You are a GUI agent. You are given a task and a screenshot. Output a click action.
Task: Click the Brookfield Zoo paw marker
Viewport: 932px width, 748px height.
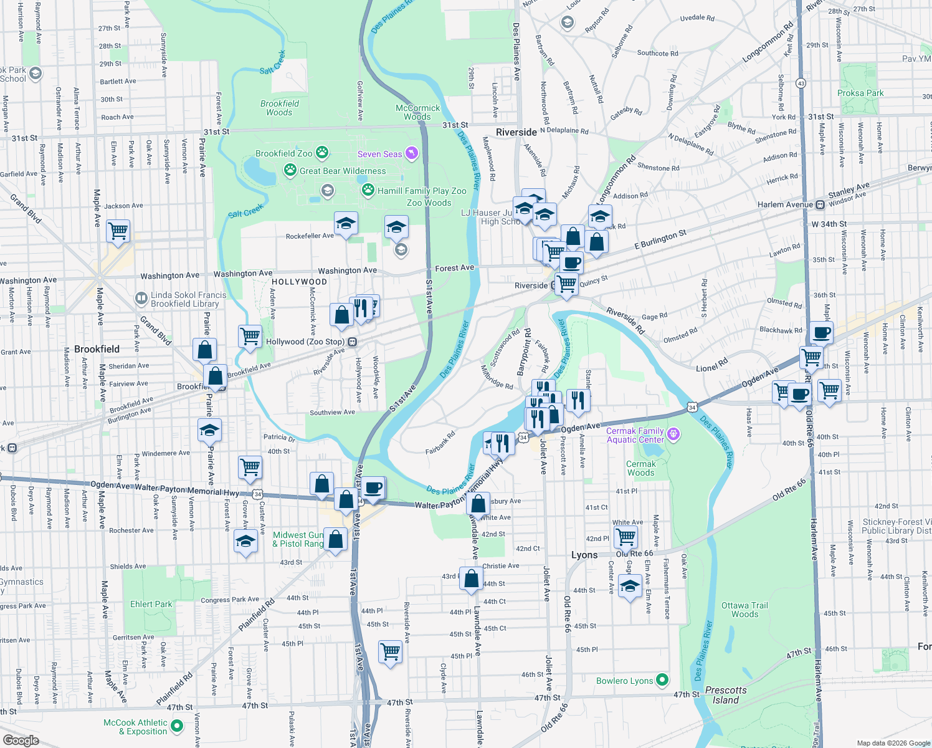[321, 153]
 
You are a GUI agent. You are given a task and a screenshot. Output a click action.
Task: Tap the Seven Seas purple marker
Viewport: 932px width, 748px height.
[411, 153]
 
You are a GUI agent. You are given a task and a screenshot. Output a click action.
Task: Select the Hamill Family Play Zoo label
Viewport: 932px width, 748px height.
[422, 191]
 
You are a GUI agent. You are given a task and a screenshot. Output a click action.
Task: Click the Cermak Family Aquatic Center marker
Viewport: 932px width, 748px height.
[673, 434]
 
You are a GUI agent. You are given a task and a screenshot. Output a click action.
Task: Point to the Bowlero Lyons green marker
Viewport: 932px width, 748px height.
[662, 680]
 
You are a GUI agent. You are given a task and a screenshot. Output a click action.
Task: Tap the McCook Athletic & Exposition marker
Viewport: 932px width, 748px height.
[176, 726]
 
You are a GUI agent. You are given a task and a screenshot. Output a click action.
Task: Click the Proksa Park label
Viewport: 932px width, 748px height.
[860, 93]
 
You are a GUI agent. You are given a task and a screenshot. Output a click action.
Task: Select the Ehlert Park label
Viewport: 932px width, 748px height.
[151, 604]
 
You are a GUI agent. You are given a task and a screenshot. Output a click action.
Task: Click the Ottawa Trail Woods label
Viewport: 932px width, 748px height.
[744, 610]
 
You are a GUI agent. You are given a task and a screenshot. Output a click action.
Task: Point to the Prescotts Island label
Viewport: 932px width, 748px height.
[726, 695]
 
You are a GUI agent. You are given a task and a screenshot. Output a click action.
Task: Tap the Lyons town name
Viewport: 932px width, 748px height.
[584, 555]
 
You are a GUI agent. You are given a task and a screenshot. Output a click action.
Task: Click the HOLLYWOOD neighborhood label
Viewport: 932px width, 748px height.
[299, 282]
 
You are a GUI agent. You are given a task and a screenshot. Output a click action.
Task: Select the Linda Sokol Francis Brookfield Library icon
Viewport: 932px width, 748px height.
[141, 299]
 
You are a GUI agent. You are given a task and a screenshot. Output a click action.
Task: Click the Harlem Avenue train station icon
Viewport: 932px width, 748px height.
[820, 204]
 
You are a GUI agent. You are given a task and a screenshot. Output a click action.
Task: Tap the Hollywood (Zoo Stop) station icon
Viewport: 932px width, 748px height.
[353, 342]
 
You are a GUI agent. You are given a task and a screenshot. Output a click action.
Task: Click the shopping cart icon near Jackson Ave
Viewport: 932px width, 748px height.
[118, 231]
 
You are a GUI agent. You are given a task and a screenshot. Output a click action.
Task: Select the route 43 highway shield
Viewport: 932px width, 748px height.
[801, 83]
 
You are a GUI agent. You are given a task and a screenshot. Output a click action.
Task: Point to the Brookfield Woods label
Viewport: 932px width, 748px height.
[280, 108]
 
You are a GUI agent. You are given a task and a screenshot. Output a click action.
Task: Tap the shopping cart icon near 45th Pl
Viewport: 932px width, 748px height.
[390, 651]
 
